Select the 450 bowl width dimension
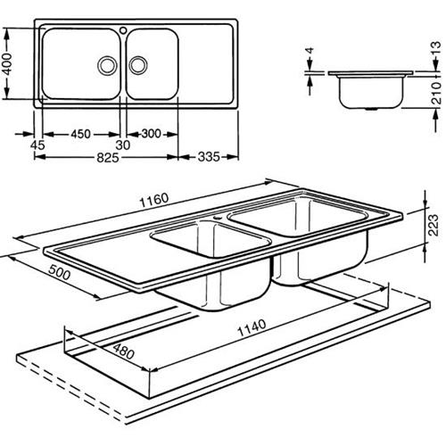point(80,134)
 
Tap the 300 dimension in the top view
point(151,134)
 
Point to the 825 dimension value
point(108,157)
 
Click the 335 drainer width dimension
point(209,157)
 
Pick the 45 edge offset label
point(37,145)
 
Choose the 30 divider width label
point(123,145)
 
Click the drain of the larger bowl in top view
point(107,65)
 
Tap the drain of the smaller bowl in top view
point(138,65)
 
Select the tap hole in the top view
point(123,30)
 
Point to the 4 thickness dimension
point(310,50)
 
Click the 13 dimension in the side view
point(435,48)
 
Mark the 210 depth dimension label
point(436,93)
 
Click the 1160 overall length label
point(154,200)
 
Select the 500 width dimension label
point(60,273)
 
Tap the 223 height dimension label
point(434,225)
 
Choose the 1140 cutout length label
point(252,328)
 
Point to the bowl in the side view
point(371,93)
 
